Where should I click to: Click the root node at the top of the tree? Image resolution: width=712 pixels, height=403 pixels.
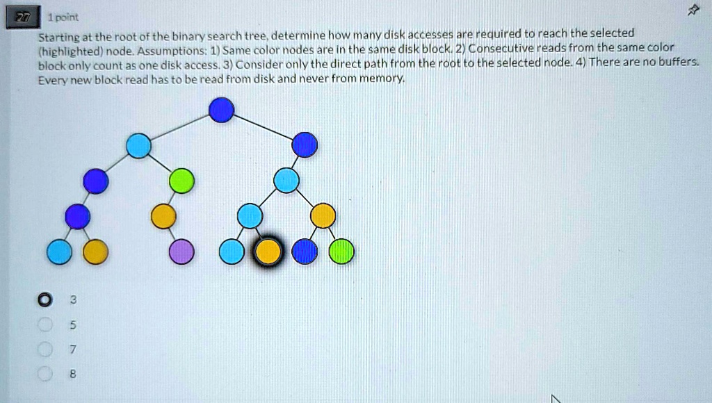(x=222, y=110)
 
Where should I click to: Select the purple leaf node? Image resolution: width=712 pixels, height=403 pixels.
(x=182, y=252)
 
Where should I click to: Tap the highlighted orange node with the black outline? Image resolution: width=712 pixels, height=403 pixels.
(x=268, y=252)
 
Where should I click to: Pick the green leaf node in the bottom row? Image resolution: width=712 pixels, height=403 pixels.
(x=341, y=252)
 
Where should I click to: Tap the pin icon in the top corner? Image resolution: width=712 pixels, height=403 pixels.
(x=692, y=10)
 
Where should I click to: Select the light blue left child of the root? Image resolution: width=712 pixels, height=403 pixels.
(x=138, y=146)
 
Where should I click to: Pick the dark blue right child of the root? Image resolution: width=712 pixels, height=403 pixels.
(x=305, y=145)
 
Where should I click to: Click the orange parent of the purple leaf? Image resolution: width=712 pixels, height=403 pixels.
(x=164, y=217)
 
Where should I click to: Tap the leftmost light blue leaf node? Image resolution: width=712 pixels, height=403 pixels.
(x=59, y=252)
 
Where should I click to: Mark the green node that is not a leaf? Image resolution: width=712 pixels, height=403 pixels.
(x=182, y=181)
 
